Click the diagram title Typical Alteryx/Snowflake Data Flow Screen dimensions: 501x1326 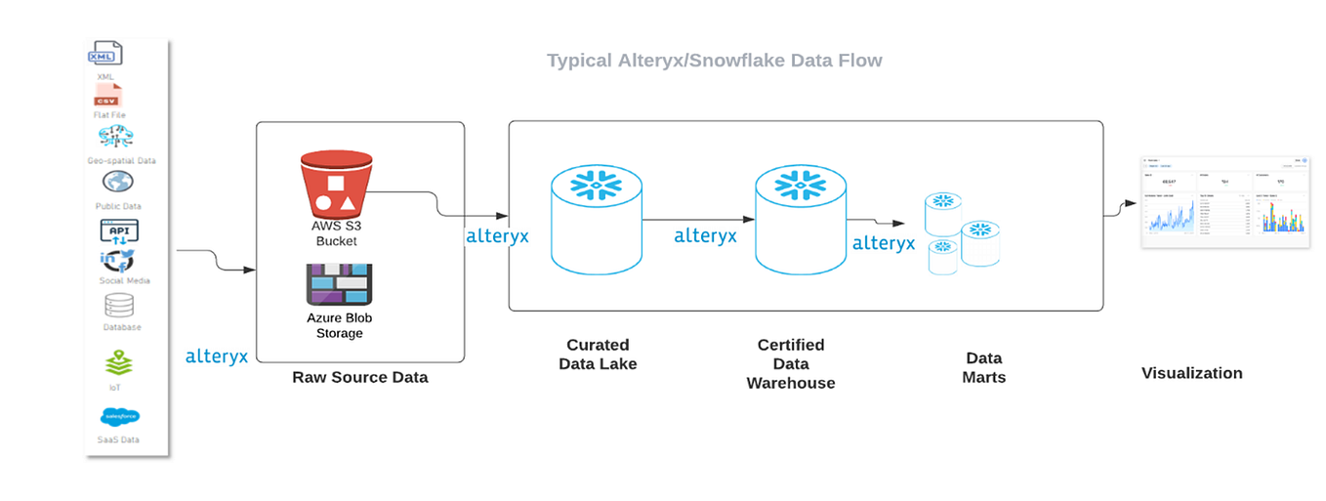714,61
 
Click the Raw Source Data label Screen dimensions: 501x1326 359,377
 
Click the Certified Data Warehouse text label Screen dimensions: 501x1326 791,363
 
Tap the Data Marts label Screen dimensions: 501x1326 984,367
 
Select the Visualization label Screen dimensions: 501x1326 1191,373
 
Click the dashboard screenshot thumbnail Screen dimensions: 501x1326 1223,202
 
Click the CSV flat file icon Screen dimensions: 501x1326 106,96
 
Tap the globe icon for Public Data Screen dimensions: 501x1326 118,183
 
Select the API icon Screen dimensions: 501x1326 119,231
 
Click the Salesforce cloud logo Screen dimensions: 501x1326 119,417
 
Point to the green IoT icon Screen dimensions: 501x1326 118,364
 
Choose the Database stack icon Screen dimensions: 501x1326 118,306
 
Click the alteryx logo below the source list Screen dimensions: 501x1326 217,356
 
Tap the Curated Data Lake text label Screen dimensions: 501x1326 598,355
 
